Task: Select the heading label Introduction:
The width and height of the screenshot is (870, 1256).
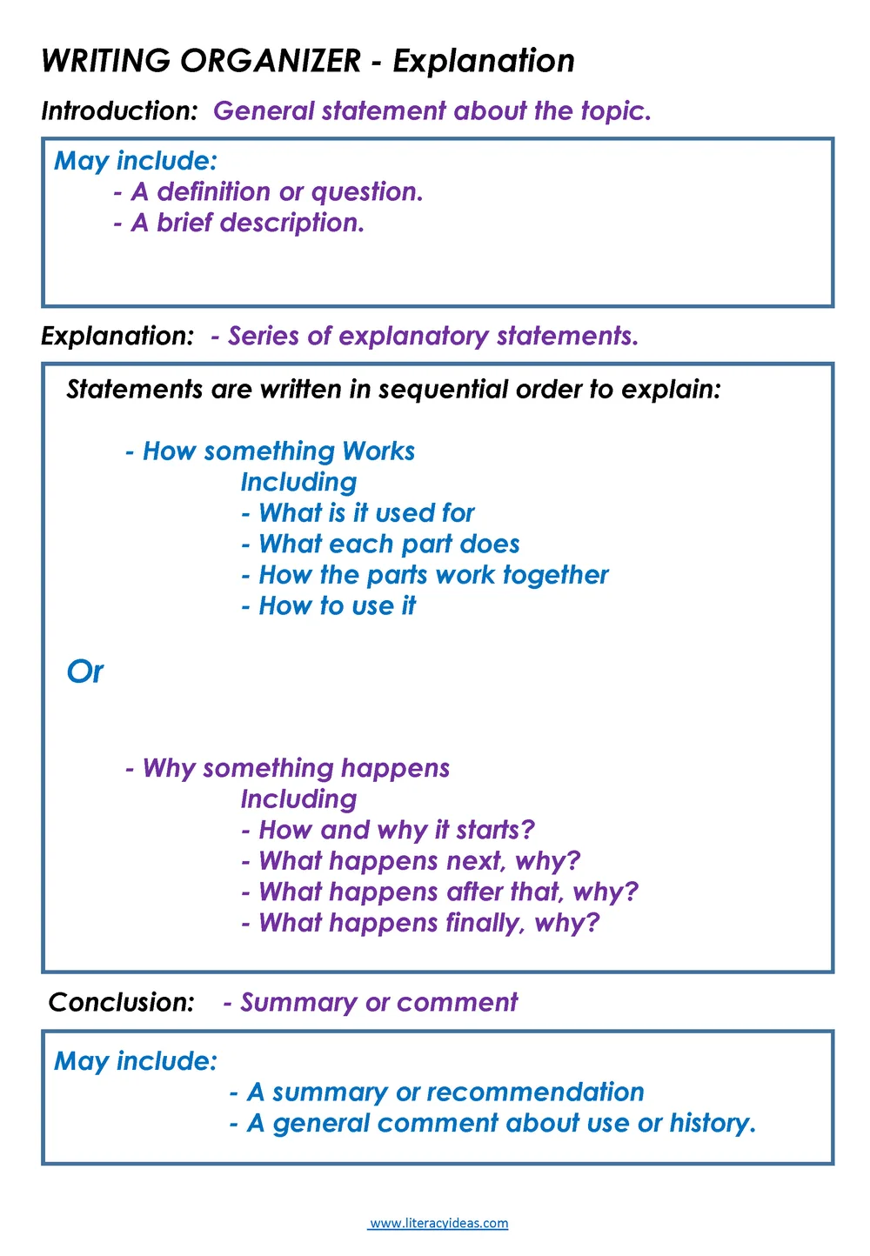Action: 120,111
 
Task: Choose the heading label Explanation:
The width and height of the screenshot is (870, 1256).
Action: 117,337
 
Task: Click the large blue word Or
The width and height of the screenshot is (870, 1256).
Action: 84,672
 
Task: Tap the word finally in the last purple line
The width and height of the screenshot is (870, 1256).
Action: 485,923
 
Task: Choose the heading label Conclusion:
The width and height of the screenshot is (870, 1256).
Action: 122,1003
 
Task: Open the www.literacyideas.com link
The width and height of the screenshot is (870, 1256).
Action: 438,1224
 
